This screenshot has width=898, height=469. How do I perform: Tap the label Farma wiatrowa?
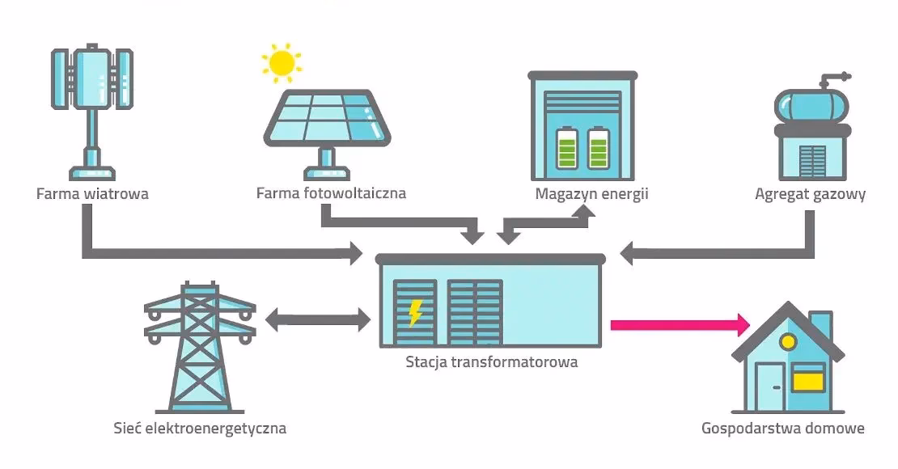[x=92, y=194]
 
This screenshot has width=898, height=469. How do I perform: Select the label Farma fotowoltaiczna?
[x=331, y=194]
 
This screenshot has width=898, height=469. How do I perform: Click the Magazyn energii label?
[x=591, y=194]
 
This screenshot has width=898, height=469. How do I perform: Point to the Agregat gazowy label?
[x=810, y=194]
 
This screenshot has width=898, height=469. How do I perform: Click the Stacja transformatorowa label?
[x=492, y=362]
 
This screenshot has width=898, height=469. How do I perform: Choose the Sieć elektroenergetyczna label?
[x=200, y=428]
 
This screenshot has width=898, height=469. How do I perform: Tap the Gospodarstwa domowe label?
[x=783, y=428]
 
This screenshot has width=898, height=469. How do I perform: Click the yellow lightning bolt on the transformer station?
[x=415, y=311]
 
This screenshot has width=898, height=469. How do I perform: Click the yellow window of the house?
[x=808, y=378]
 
